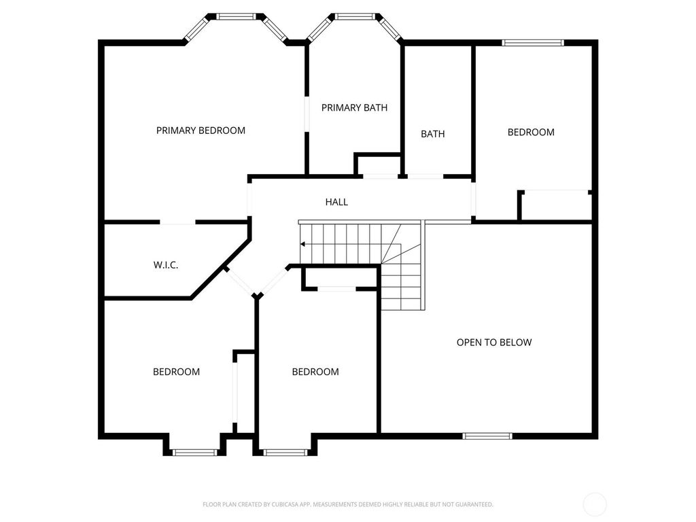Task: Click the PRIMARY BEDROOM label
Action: pyautogui.click(x=201, y=130)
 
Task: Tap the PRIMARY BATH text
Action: pyautogui.click(x=354, y=108)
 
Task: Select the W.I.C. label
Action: pyautogui.click(x=166, y=266)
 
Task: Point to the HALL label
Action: pyautogui.click(x=336, y=202)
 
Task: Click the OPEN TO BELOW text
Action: pyautogui.click(x=494, y=343)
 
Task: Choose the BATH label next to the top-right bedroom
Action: pyautogui.click(x=433, y=134)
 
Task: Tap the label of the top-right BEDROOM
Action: pyautogui.click(x=531, y=133)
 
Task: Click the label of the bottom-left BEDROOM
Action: pyautogui.click(x=176, y=372)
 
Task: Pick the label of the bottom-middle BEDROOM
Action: pyautogui.click(x=315, y=372)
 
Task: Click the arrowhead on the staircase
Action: pyautogui.click(x=302, y=244)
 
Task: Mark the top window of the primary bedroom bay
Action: pyautogui.click(x=236, y=17)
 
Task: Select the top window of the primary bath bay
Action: pyautogui.click(x=355, y=17)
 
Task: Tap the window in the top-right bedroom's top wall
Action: pyautogui.click(x=533, y=43)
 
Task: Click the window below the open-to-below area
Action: pyautogui.click(x=487, y=436)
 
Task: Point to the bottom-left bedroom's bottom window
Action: pyautogui.click(x=195, y=453)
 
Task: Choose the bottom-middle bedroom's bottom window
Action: pyautogui.click(x=285, y=453)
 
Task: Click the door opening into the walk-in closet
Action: pyautogui.click(x=177, y=222)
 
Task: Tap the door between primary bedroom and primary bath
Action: pyautogui.click(x=307, y=114)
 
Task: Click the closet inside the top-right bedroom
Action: pyautogui.click(x=557, y=205)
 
